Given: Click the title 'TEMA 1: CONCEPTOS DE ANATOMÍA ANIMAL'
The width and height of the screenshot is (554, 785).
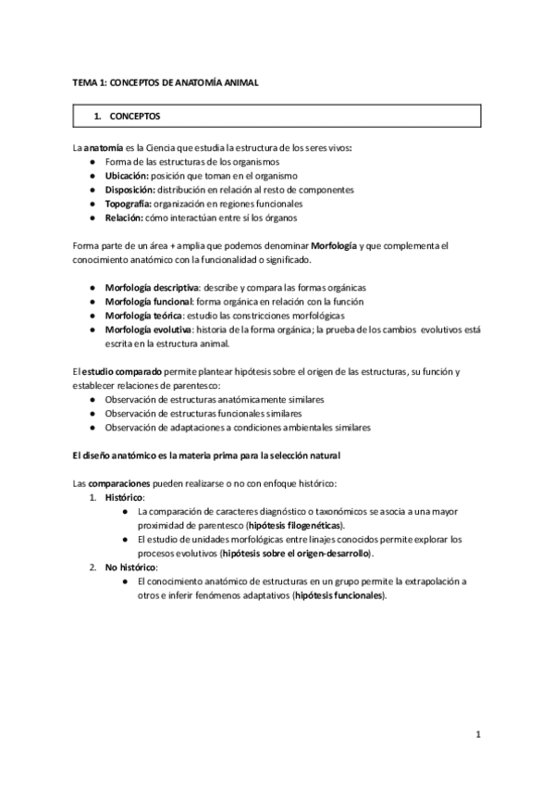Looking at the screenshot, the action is coord(166,82).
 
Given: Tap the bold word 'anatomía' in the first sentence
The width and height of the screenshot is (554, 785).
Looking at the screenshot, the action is coord(103,148).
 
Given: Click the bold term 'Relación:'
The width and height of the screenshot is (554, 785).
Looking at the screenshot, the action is coord(124,217).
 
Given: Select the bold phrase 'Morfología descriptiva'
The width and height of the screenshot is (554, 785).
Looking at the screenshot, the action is coord(153,287).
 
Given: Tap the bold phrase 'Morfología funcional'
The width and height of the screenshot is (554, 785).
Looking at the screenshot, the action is coord(148,301).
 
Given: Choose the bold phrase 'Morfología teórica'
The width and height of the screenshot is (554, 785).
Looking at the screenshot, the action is coord(144,315).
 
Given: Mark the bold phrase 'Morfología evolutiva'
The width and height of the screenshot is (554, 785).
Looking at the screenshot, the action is coord(148,329).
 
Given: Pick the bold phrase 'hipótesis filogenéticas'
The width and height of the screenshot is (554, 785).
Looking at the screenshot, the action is coord(288,525).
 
